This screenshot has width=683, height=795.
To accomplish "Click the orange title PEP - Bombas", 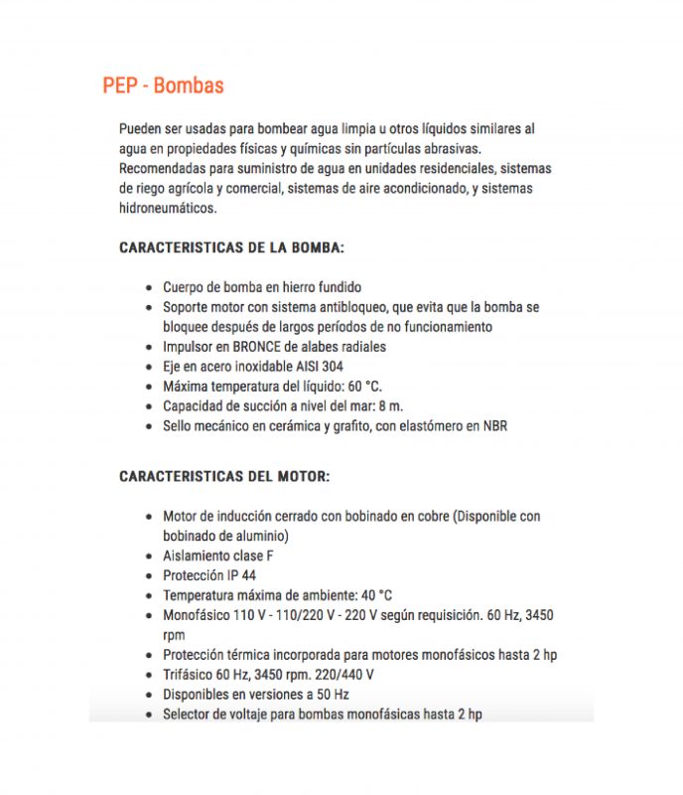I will [x=163, y=85].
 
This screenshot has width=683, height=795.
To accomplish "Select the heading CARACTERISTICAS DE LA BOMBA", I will [x=231, y=247].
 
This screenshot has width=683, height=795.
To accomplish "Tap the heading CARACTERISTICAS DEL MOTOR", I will [x=224, y=476].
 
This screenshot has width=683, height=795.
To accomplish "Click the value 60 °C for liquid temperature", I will [x=359, y=387].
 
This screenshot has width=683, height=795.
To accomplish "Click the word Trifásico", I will [x=189, y=675].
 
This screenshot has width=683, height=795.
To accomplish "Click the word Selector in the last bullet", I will [x=187, y=715].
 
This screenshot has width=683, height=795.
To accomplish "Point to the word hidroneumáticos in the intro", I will [x=166, y=209].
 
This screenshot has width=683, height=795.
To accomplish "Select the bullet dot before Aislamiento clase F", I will [x=149, y=556].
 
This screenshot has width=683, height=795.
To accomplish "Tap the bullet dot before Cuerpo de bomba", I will [x=149, y=288].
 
